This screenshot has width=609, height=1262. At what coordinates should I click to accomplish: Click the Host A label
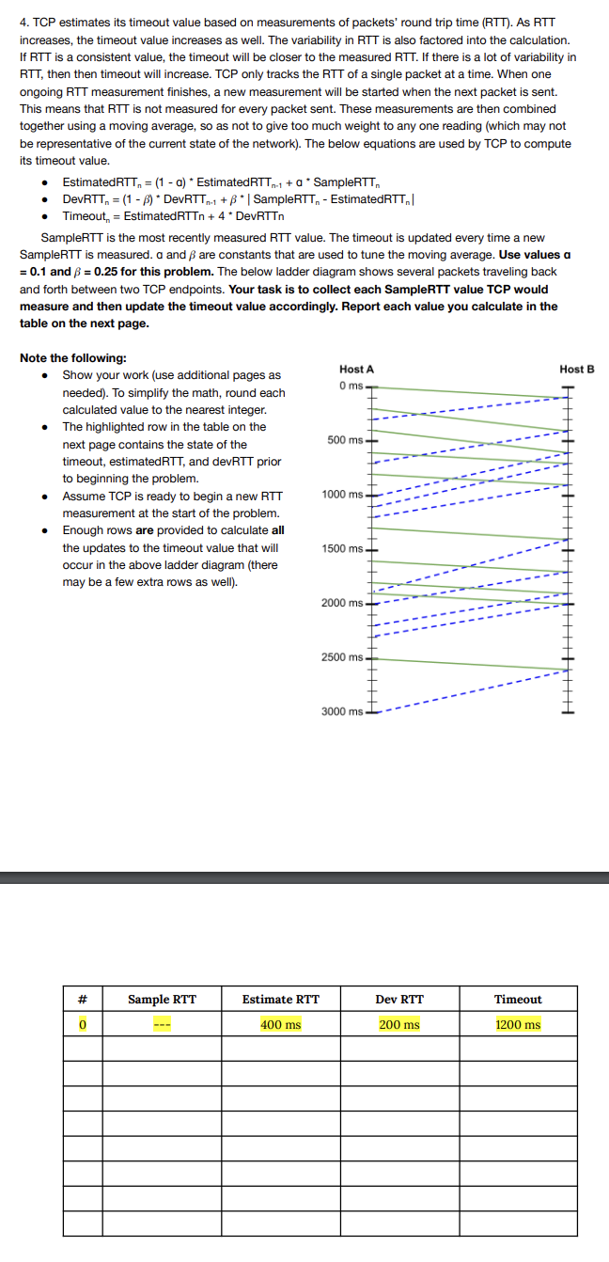pyautogui.click(x=356, y=370)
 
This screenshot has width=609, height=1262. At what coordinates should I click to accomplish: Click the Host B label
pyautogui.click(x=576, y=370)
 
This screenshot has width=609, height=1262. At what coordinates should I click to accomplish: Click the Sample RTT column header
pyautogui.click(x=162, y=1000)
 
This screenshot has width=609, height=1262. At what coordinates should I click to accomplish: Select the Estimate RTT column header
pyautogui.click(x=280, y=1000)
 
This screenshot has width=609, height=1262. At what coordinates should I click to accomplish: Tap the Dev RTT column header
pyautogui.click(x=399, y=1000)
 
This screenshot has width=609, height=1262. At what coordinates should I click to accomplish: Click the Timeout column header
pyautogui.click(x=518, y=1000)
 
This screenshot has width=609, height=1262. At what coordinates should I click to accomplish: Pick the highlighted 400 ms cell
pyautogui.click(x=280, y=1024)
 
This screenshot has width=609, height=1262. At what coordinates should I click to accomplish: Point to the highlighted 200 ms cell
pyautogui.click(x=399, y=1024)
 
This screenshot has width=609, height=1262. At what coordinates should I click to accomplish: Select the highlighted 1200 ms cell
pyautogui.click(x=518, y=1024)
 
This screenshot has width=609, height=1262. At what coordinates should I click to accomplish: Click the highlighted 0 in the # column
pyautogui.click(x=83, y=1024)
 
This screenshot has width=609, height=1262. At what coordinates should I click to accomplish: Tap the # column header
pyautogui.click(x=83, y=1000)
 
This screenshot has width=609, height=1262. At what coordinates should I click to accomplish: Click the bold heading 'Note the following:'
pyautogui.click(x=72, y=357)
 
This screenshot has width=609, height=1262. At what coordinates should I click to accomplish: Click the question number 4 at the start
pyautogui.click(x=23, y=23)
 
